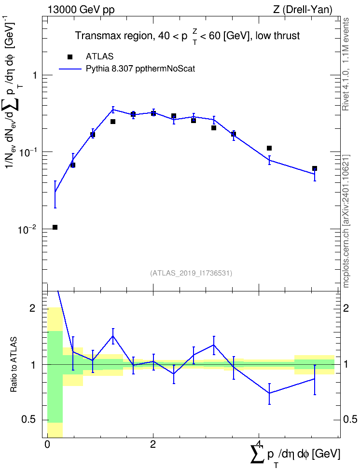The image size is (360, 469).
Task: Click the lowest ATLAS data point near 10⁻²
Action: [55, 227]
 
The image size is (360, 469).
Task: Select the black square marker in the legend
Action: [70, 57]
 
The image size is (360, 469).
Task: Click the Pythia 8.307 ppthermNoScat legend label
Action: [140, 69]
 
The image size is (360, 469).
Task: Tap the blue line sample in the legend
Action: [70, 69]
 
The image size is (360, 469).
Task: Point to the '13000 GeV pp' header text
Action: [81, 10]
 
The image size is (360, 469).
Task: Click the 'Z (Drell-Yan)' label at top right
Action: [303, 10]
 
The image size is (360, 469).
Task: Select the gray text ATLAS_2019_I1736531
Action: [191, 273]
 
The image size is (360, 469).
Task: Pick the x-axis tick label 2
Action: [153, 444]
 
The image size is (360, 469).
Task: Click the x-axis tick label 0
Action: [47, 444]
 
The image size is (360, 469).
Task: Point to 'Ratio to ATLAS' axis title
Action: [14, 364]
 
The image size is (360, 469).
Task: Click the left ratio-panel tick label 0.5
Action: [29, 420]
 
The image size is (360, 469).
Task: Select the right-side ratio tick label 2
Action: [346, 308]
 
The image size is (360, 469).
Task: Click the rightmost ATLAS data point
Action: [315, 169]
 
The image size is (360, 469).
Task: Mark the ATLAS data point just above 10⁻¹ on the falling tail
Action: [269, 148]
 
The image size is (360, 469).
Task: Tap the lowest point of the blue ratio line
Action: [269, 393]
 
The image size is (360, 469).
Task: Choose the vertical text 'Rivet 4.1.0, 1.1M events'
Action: [346, 64]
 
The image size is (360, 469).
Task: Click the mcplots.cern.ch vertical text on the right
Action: [346, 221]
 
